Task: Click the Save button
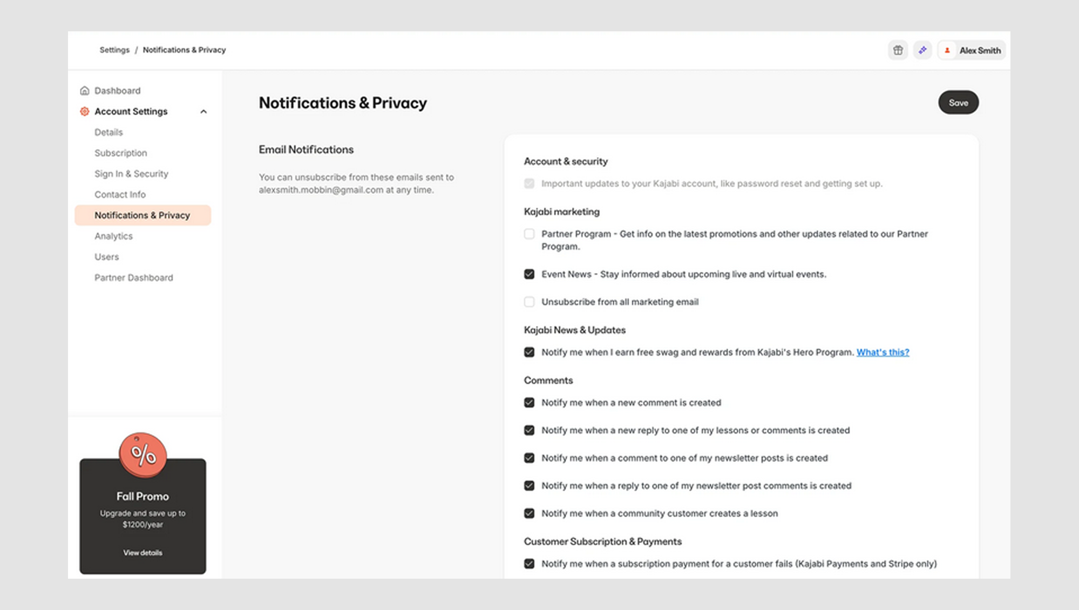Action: [958, 103]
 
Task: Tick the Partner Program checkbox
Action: [529, 234]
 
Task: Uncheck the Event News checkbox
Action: [529, 274]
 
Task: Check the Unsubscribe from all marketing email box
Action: [529, 302]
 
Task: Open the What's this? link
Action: [883, 352]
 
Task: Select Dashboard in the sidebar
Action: [117, 91]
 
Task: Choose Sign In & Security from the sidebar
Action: [131, 174]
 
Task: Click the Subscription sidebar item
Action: [120, 153]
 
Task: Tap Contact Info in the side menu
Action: [120, 194]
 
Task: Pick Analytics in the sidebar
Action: [113, 236]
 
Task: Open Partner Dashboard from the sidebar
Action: [134, 277]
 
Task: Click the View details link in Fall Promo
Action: [142, 553]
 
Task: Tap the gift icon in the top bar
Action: [898, 50]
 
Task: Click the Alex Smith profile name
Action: [980, 50]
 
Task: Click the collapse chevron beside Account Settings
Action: [203, 112]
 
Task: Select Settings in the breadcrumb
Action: [114, 50]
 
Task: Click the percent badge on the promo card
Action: [143, 455]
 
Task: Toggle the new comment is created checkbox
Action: [529, 403]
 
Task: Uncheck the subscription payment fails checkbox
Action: [529, 564]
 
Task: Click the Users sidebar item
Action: [106, 257]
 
